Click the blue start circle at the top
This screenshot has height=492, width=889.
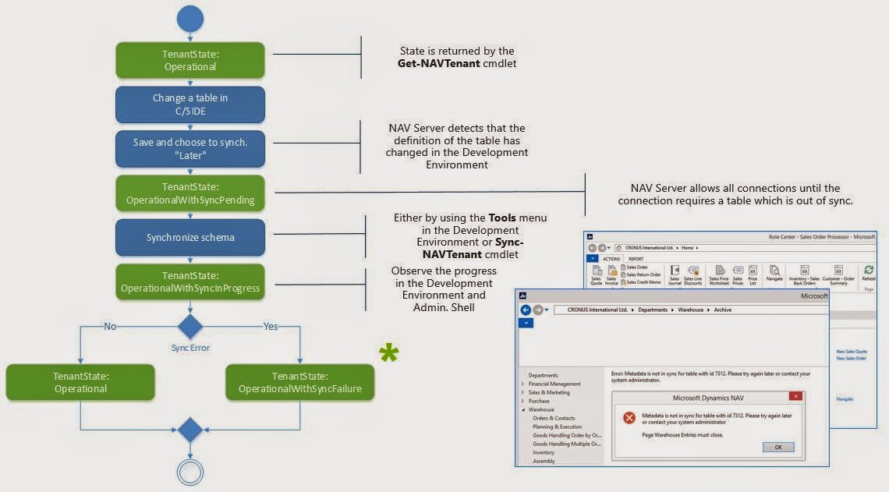point(190,19)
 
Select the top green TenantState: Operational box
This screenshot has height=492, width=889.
point(190,60)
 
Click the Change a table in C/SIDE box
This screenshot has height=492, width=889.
point(190,104)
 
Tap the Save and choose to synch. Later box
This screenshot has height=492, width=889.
point(190,149)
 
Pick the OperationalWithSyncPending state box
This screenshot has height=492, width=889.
point(190,193)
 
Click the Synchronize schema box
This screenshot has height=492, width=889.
point(190,237)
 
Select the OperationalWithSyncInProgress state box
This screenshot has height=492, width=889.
point(190,281)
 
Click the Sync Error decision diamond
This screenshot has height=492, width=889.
point(190,327)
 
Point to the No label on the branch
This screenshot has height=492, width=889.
point(111,327)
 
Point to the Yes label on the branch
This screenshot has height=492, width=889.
point(271,327)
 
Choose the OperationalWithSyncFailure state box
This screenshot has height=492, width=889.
point(300,382)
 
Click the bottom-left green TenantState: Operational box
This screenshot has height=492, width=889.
point(80,382)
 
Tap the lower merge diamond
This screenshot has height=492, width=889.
point(190,430)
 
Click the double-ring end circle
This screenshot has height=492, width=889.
point(190,472)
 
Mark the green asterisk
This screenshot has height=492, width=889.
point(388,352)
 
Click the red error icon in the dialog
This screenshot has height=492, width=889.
point(629,419)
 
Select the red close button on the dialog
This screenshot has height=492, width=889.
point(795,396)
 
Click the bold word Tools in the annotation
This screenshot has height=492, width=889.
point(503,218)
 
